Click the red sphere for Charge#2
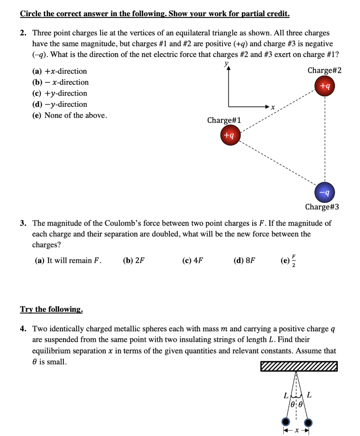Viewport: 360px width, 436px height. click(325, 86)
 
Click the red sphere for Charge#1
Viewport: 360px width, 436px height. click(230, 135)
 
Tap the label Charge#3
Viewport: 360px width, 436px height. click(322, 207)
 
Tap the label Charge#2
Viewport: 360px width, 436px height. click(324, 70)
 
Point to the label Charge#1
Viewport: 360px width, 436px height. click(224, 120)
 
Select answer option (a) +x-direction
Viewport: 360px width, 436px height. click(60, 71)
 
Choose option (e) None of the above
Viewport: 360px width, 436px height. click(70, 115)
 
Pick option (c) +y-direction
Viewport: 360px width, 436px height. click(60, 93)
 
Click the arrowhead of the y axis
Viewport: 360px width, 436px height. click(229, 70)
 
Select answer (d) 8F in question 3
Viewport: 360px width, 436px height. click(245, 261)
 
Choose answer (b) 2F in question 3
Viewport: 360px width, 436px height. click(134, 261)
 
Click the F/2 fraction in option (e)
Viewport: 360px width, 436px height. click(293, 261)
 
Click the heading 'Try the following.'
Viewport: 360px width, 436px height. click(51, 309)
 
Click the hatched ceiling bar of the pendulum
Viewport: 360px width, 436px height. click(299, 366)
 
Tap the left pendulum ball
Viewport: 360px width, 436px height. click(285, 422)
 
